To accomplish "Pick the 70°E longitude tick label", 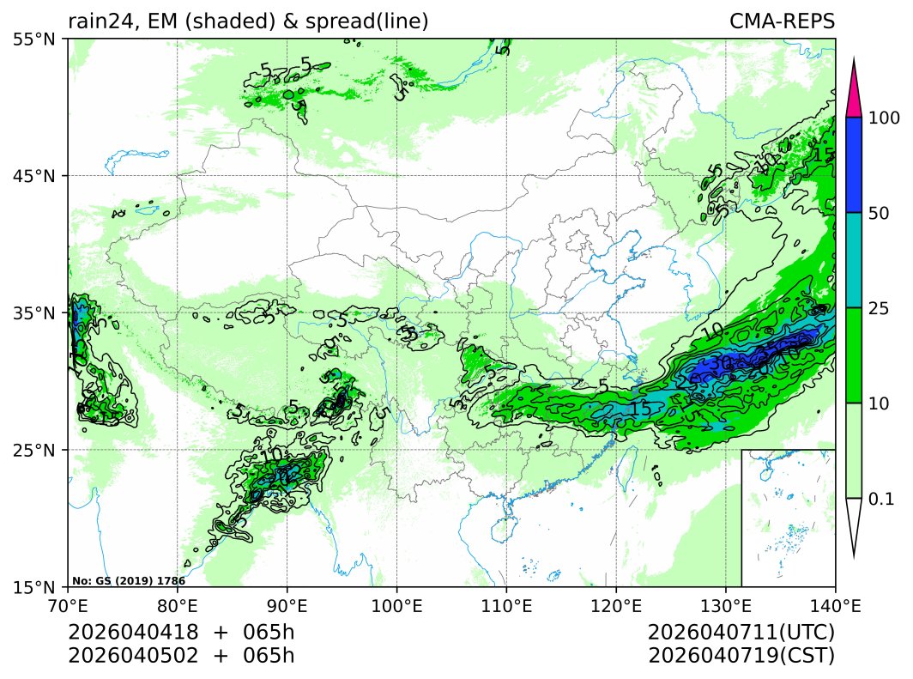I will (x=69, y=605).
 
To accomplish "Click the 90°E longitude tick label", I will (x=287, y=605).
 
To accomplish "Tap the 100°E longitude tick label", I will (x=397, y=605).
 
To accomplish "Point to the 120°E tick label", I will (x=616, y=605).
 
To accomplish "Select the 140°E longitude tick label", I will (x=835, y=605).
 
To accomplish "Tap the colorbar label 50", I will (x=878, y=213).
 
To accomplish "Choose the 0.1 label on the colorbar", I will (x=880, y=499).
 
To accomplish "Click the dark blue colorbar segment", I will (x=853, y=165).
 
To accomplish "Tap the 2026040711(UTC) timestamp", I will (x=741, y=633).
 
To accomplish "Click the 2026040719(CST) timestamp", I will (x=741, y=656).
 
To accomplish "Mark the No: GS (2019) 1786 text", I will (x=129, y=581).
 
